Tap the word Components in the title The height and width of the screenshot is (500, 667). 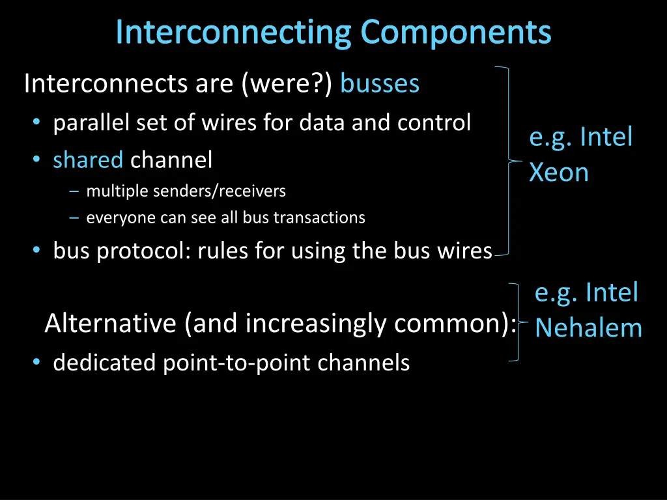pos(456,33)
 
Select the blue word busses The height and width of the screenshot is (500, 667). pos(380,84)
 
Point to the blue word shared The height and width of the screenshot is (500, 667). pos(88,160)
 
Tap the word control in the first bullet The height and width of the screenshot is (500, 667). pos(438,122)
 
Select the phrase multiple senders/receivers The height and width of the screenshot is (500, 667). pos(186,191)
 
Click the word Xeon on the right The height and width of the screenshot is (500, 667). pos(558,173)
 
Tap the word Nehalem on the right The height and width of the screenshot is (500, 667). pos(588,327)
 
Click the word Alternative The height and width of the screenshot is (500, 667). pos(110,324)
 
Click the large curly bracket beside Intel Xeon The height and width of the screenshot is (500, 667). pos(508,160)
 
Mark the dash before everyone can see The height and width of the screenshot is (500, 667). pos(74,218)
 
